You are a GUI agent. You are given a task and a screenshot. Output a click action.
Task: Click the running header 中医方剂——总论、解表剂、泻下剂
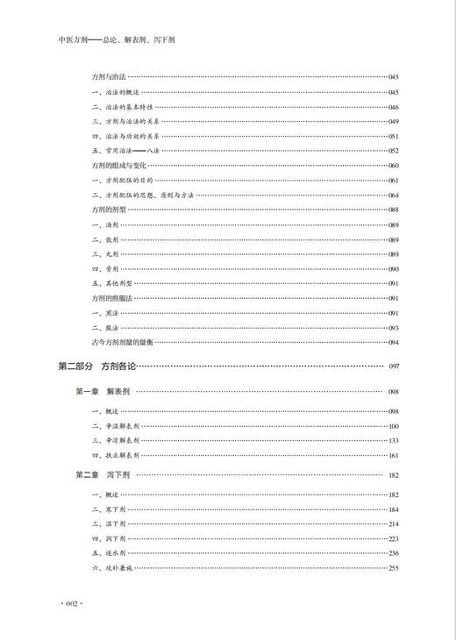tap(113, 40)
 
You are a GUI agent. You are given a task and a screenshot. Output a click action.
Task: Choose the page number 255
tap(394, 567)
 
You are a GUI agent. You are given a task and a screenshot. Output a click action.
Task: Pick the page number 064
tap(394, 195)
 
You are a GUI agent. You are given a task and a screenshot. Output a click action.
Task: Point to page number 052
tap(394, 150)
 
